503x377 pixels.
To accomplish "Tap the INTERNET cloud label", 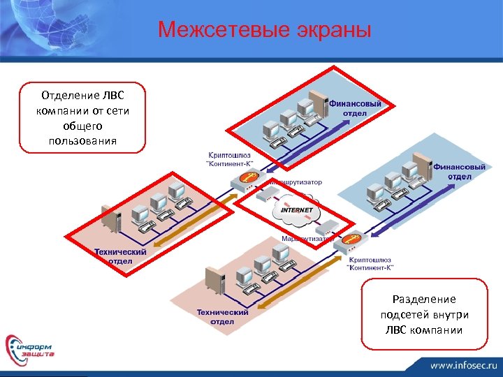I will coord(296,209).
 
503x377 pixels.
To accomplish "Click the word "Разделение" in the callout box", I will coord(423,298).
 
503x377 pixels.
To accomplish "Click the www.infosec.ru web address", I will coord(461,365).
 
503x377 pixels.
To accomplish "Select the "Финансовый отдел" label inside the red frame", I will coord(360,108).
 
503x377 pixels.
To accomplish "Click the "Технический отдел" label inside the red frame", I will coord(120,256).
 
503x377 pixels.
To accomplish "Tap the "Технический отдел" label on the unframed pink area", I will coord(221,317).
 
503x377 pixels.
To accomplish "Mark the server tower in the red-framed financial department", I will coord(319,105).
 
